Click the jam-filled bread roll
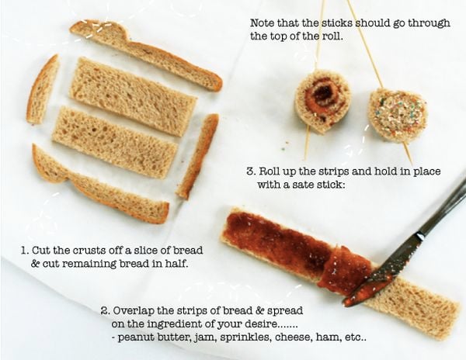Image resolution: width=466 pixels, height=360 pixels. click(323, 101)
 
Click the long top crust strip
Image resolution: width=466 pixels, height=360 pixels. click(146, 54)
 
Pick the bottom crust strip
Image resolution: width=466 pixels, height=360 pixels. click(98, 185)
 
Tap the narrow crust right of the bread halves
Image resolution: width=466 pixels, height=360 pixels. click(197, 156)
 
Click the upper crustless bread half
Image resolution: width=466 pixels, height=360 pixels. click(133, 96)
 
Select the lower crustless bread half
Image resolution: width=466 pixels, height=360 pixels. click(115, 143)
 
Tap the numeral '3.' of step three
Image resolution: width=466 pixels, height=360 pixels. click(252, 171)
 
